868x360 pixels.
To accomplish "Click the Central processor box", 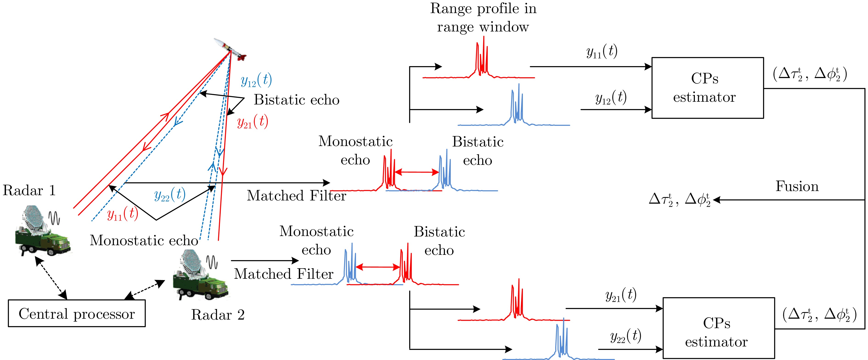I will [77, 314].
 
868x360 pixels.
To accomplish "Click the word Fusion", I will [797, 186].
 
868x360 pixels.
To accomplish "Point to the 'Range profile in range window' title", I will [483, 17].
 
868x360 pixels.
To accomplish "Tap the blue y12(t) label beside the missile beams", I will [256, 80].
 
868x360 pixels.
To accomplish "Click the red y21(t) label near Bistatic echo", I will [252, 122].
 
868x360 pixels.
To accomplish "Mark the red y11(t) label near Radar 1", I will [123, 214].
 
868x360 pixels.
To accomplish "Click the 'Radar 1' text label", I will [29, 191].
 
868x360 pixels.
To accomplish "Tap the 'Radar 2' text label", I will [218, 315].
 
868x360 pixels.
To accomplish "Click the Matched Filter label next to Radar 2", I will [284, 274].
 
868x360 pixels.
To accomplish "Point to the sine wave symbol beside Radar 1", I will [54, 218].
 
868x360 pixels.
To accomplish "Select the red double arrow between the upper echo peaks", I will [417, 172].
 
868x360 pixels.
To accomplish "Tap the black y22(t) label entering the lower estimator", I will [625, 336].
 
